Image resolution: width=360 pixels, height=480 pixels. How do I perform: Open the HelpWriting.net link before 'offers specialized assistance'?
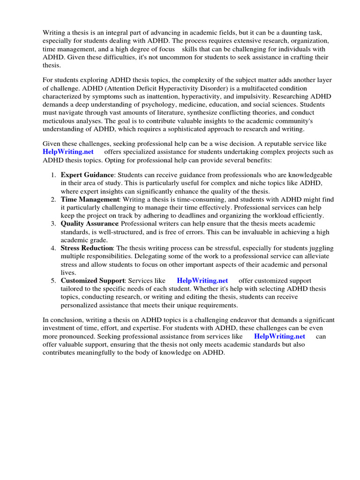68,152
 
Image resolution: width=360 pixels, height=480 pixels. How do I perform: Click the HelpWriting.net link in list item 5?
202,281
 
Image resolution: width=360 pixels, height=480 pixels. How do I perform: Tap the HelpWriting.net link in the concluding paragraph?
279,336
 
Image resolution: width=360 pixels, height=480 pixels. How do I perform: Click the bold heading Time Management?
90,200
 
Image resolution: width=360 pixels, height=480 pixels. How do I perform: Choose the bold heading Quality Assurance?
90,224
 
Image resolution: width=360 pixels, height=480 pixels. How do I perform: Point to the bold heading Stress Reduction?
87,247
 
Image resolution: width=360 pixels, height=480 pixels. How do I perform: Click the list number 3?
53,224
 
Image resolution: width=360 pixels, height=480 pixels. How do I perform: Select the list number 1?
53,174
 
